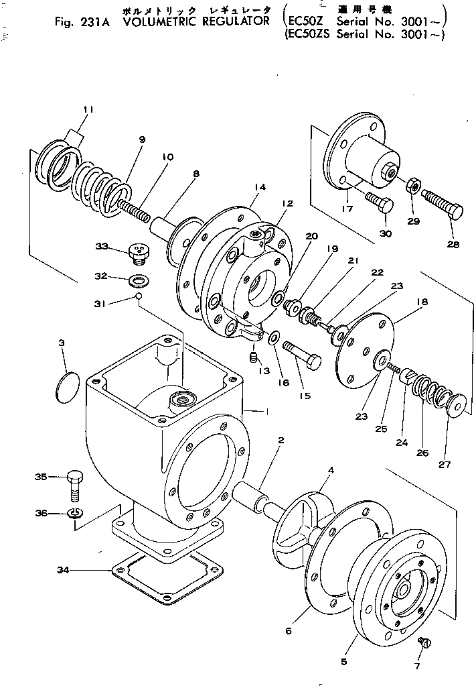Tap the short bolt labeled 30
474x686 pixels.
tap(379, 202)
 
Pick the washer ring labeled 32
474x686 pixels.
tap(140, 278)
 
